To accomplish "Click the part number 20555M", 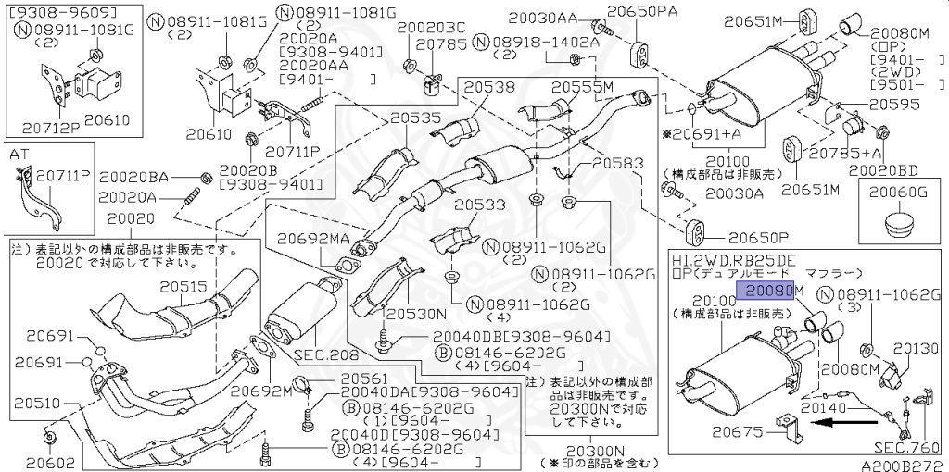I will [x=583, y=87].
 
